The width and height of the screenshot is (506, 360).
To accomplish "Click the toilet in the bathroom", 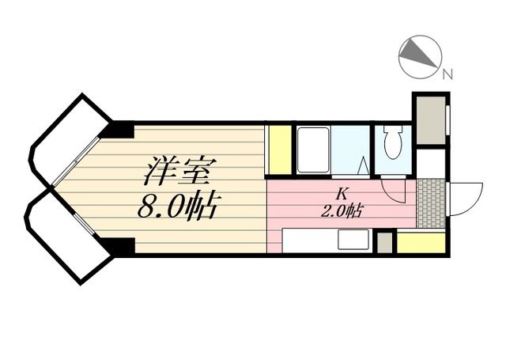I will [x=392, y=142].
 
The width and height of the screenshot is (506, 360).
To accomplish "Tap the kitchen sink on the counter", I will [x=354, y=240].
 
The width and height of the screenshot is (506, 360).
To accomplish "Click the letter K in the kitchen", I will [x=342, y=193].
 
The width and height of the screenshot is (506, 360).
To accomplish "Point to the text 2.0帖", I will [x=342, y=210].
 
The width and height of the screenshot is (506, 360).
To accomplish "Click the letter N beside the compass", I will [x=447, y=75].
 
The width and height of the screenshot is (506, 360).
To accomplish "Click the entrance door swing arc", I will [x=466, y=198].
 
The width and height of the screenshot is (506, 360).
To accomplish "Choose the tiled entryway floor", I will [x=431, y=203].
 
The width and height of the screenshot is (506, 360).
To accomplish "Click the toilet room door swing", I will [x=393, y=190].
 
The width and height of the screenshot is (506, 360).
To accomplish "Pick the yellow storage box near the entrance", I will [x=421, y=242].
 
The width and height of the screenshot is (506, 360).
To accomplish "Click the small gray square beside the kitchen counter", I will [x=384, y=242].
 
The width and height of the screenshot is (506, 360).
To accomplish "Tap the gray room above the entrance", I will [x=430, y=119].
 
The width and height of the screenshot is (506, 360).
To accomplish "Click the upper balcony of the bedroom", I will [x=69, y=138].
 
